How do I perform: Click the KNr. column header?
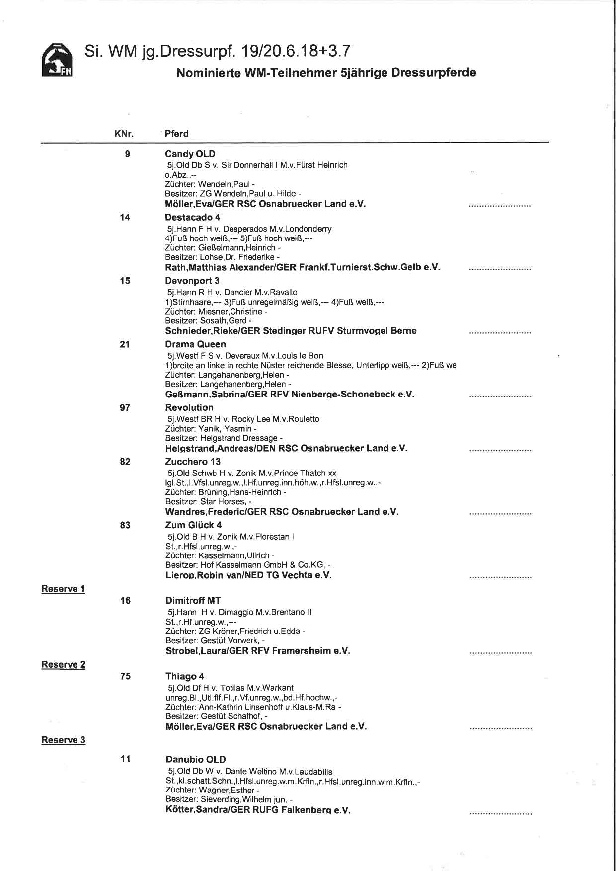(124, 134)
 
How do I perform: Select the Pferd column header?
(177, 134)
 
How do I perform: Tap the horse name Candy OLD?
(190, 154)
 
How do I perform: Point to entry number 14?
(125, 217)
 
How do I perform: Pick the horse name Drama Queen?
(195, 344)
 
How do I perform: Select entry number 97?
(125, 408)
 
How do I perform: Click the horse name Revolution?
(189, 408)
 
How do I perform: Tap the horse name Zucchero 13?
(193, 462)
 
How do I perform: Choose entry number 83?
(125, 525)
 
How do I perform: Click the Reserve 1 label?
(63, 589)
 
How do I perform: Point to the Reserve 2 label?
(63, 664)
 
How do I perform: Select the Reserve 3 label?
(63, 740)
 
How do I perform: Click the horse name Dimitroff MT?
(193, 600)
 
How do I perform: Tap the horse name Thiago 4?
(184, 676)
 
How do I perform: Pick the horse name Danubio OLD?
(196, 759)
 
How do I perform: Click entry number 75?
(125, 676)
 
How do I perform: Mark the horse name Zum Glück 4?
(193, 525)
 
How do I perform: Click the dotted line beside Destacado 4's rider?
(500, 269)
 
